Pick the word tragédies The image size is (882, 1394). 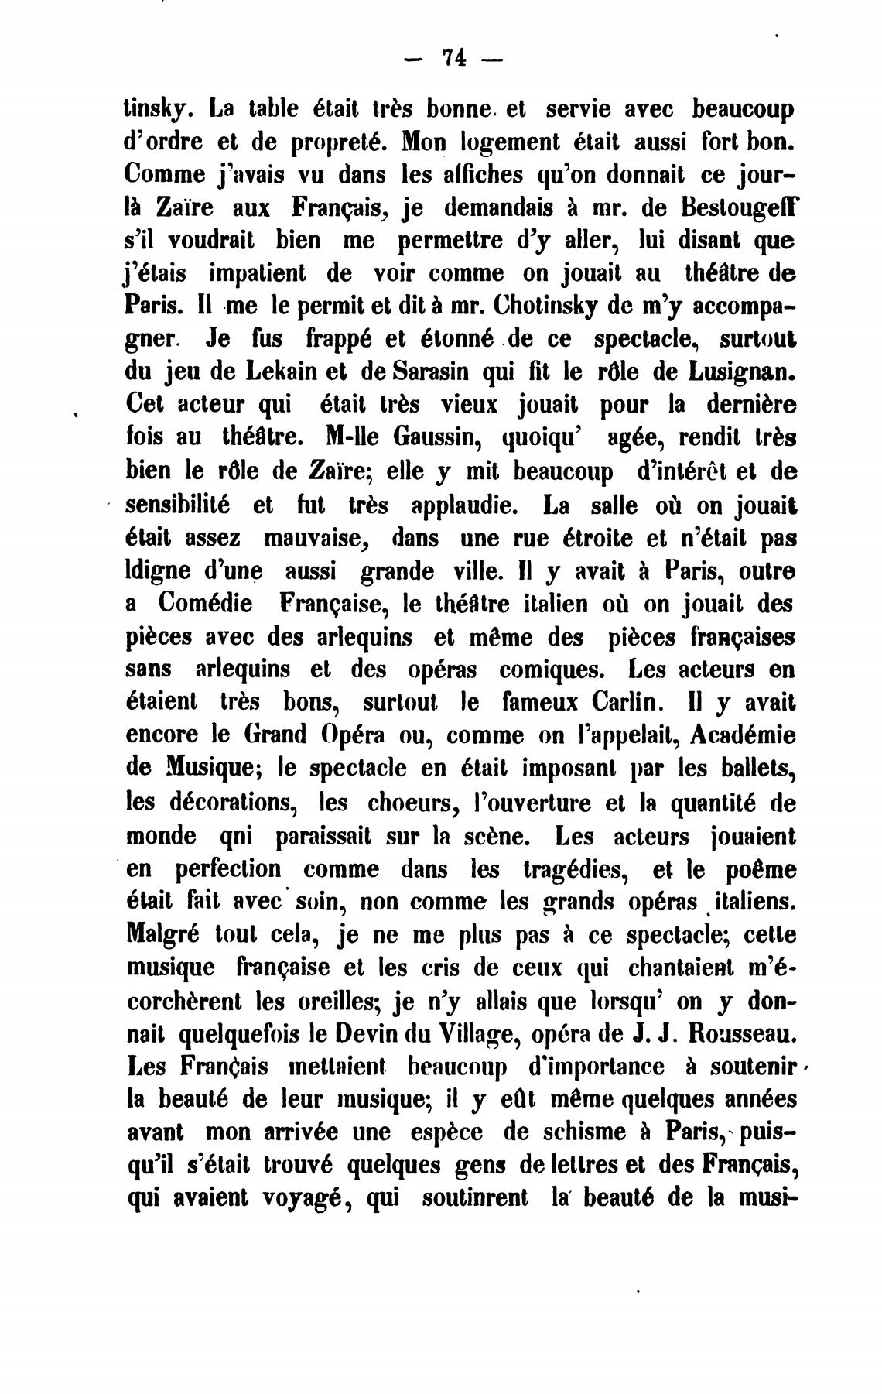[573, 869]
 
